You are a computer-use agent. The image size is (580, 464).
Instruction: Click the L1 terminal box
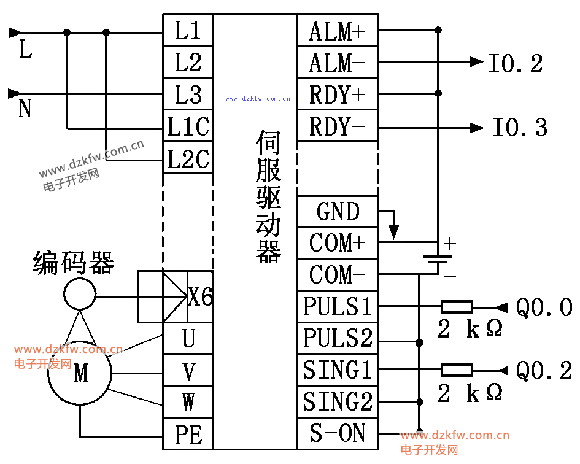point(188,30)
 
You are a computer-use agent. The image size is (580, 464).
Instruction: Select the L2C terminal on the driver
point(188,159)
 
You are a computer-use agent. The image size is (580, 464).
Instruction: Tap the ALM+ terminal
point(337,31)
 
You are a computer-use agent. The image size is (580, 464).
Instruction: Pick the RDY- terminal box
point(337,126)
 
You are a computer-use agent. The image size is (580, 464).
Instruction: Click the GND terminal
point(337,212)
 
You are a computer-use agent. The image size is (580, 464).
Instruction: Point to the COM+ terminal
point(337,243)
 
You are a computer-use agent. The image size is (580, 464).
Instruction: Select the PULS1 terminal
point(337,306)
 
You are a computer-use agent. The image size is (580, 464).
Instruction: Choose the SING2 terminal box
point(337,402)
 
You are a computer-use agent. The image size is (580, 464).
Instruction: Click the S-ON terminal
point(337,434)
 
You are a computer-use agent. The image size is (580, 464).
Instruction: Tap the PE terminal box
point(188,435)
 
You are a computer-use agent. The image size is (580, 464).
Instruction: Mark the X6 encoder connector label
point(200,297)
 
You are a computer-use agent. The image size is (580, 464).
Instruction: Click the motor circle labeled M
point(80,373)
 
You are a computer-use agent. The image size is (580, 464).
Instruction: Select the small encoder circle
point(80,293)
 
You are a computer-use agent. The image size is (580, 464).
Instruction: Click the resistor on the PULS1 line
point(457,306)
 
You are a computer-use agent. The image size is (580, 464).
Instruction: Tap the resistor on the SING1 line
point(457,369)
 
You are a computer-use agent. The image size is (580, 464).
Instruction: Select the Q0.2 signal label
point(544,370)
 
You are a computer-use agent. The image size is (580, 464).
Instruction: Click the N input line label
point(25,109)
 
